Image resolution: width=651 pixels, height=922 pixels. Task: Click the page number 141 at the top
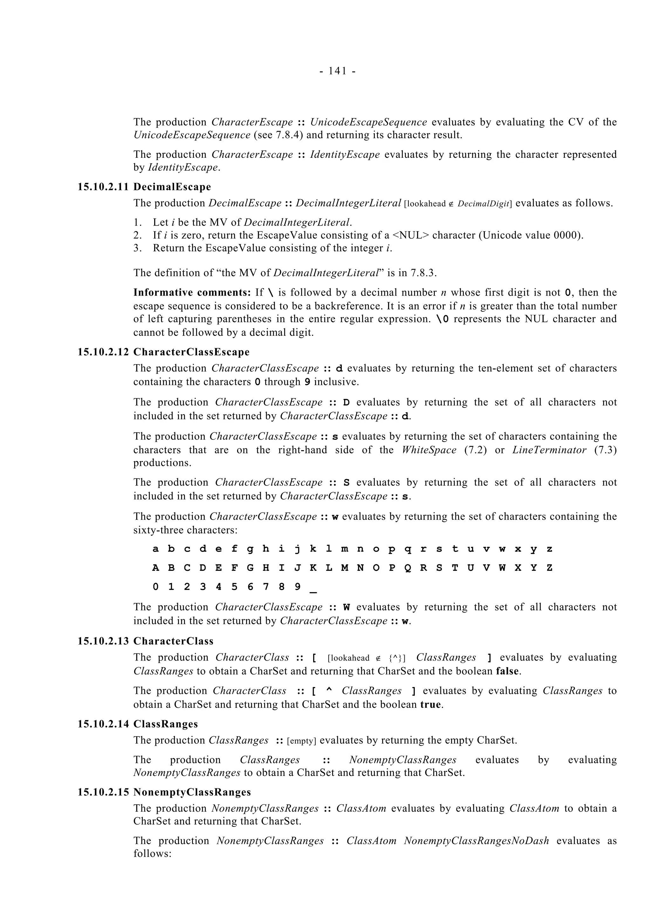pyautogui.click(x=337, y=71)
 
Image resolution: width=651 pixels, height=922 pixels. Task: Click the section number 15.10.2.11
pyautogui.click(x=103, y=187)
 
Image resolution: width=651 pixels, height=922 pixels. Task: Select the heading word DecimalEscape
pyautogui.click(x=172, y=187)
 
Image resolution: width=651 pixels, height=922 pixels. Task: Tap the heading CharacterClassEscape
pyautogui.click(x=191, y=352)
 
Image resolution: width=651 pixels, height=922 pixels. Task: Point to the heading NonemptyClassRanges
pyautogui.click(x=192, y=792)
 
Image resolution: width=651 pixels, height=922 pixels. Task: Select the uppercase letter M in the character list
pyautogui.click(x=345, y=568)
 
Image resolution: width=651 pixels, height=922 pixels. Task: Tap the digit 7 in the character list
pyautogui.click(x=265, y=587)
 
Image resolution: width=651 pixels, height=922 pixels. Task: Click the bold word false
pyautogui.click(x=508, y=671)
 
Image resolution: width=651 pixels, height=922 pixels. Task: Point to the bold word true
pyautogui.click(x=430, y=704)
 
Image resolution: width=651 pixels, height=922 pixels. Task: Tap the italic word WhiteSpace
pyautogui.click(x=429, y=450)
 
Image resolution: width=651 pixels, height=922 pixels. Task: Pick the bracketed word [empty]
pyautogui.click(x=302, y=741)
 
